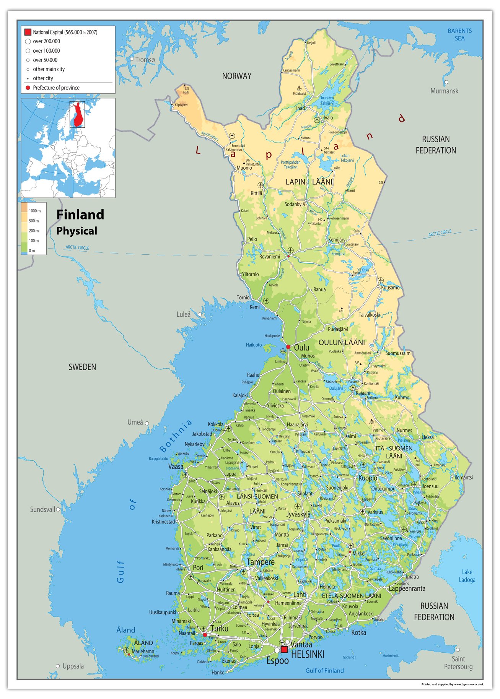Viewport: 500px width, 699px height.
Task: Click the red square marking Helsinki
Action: click(x=284, y=649)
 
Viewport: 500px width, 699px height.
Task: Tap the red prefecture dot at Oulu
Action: click(x=288, y=347)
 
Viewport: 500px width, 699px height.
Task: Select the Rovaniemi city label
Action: click(x=269, y=257)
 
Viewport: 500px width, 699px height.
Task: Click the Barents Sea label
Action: click(x=459, y=34)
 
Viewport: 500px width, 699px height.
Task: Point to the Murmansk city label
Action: click(x=444, y=91)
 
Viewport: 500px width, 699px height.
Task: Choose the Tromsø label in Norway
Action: click(x=145, y=60)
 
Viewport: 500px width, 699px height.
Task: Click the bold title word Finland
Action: click(x=80, y=215)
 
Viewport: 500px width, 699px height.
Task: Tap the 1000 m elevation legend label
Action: click(x=34, y=211)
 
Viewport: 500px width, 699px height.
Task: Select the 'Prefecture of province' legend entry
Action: click(x=56, y=88)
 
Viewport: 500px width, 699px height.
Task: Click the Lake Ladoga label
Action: click(x=467, y=575)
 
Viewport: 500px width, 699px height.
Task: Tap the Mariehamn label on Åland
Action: click(x=143, y=651)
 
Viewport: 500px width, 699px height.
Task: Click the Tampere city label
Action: click(x=261, y=562)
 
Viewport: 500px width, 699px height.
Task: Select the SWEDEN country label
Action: click(x=82, y=367)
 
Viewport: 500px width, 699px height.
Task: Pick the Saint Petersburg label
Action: click(x=458, y=663)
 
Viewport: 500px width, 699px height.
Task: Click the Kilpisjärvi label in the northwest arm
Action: click(x=181, y=105)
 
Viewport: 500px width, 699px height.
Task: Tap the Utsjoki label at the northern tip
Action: click(x=311, y=43)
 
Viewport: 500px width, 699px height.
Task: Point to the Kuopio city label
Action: click(x=368, y=478)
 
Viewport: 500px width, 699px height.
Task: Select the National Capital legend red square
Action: click(x=28, y=32)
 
